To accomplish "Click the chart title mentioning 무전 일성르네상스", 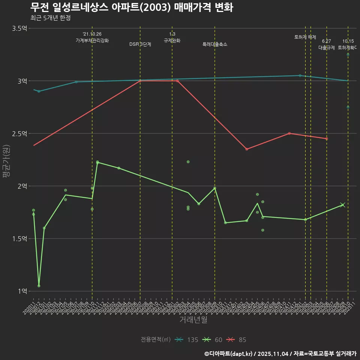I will pyautogui.click(x=132, y=7).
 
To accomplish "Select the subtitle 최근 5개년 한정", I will pyautogui.click(x=50, y=18).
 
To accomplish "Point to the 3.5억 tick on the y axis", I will pyautogui.click(x=19, y=28).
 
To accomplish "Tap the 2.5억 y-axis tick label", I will pyautogui.click(x=19, y=133).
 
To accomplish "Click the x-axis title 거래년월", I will pyautogui.click(x=193, y=319).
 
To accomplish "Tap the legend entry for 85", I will pyautogui.click(x=237, y=340).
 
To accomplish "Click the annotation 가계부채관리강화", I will pyautogui.click(x=92, y=40).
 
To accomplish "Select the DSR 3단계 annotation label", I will pyautogui.click(x=140, y=44).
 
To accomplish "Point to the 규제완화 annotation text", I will pyautogui.click(x=172, y=40).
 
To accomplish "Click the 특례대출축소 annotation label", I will pyautogui.click(x=215, y=44).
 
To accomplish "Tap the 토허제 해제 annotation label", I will pyautogui.click(x=305, y=37).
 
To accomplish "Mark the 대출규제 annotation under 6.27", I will pyautogui.click(x=326, y=48).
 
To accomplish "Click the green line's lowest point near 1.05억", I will pyautogui.click(x=39, y=286).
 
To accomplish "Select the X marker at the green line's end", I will pyautogui.click(x=342, y=205).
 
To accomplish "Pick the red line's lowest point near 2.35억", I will pyautogui.click(x=247, y=149).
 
